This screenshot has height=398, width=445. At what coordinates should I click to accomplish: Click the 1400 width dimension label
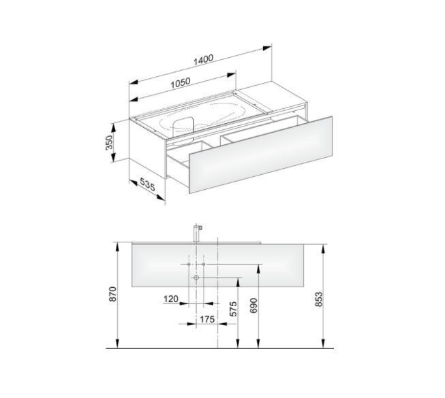point(203,59)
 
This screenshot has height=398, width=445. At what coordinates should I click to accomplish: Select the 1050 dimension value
point(181,83)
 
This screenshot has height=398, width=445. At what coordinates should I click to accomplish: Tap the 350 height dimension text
point(109,142)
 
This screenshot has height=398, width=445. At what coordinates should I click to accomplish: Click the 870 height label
point(112,294)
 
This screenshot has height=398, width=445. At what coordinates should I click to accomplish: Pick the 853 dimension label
point(319,299)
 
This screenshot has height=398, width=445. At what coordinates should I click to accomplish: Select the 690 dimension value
point(254,305)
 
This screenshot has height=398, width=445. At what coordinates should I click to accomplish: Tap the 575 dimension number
point(232,309)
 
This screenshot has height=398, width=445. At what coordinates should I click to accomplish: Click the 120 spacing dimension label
point(171,299)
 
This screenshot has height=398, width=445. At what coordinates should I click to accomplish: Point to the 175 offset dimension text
point(207,319)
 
